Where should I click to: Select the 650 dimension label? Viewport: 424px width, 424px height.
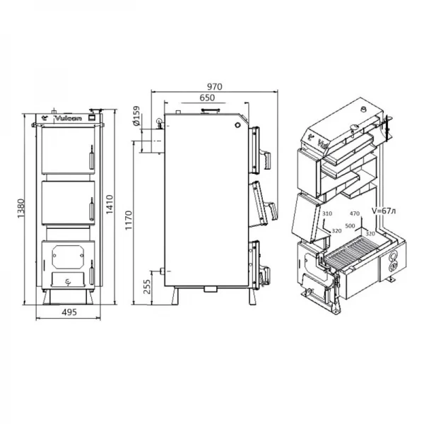point(207,98)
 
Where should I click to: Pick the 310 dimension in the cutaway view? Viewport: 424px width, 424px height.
point(326,213)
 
